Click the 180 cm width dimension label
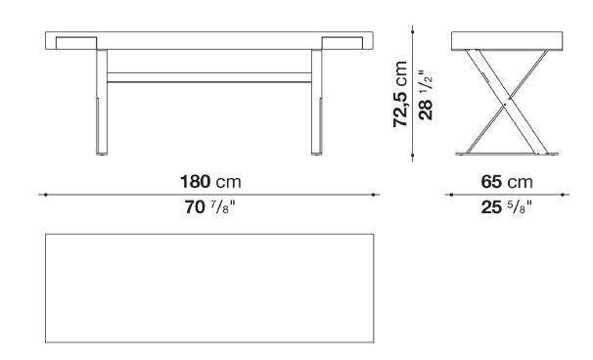coord(210,182)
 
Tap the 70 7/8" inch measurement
coord(209,207)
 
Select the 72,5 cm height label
coord(400,94)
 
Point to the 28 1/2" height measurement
coord(426,95)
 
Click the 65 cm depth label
coord(507,182)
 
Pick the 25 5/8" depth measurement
coord(506,207)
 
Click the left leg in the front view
coord(102,102)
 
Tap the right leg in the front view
coord(317,102)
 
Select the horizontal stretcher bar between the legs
coord(209,77)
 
